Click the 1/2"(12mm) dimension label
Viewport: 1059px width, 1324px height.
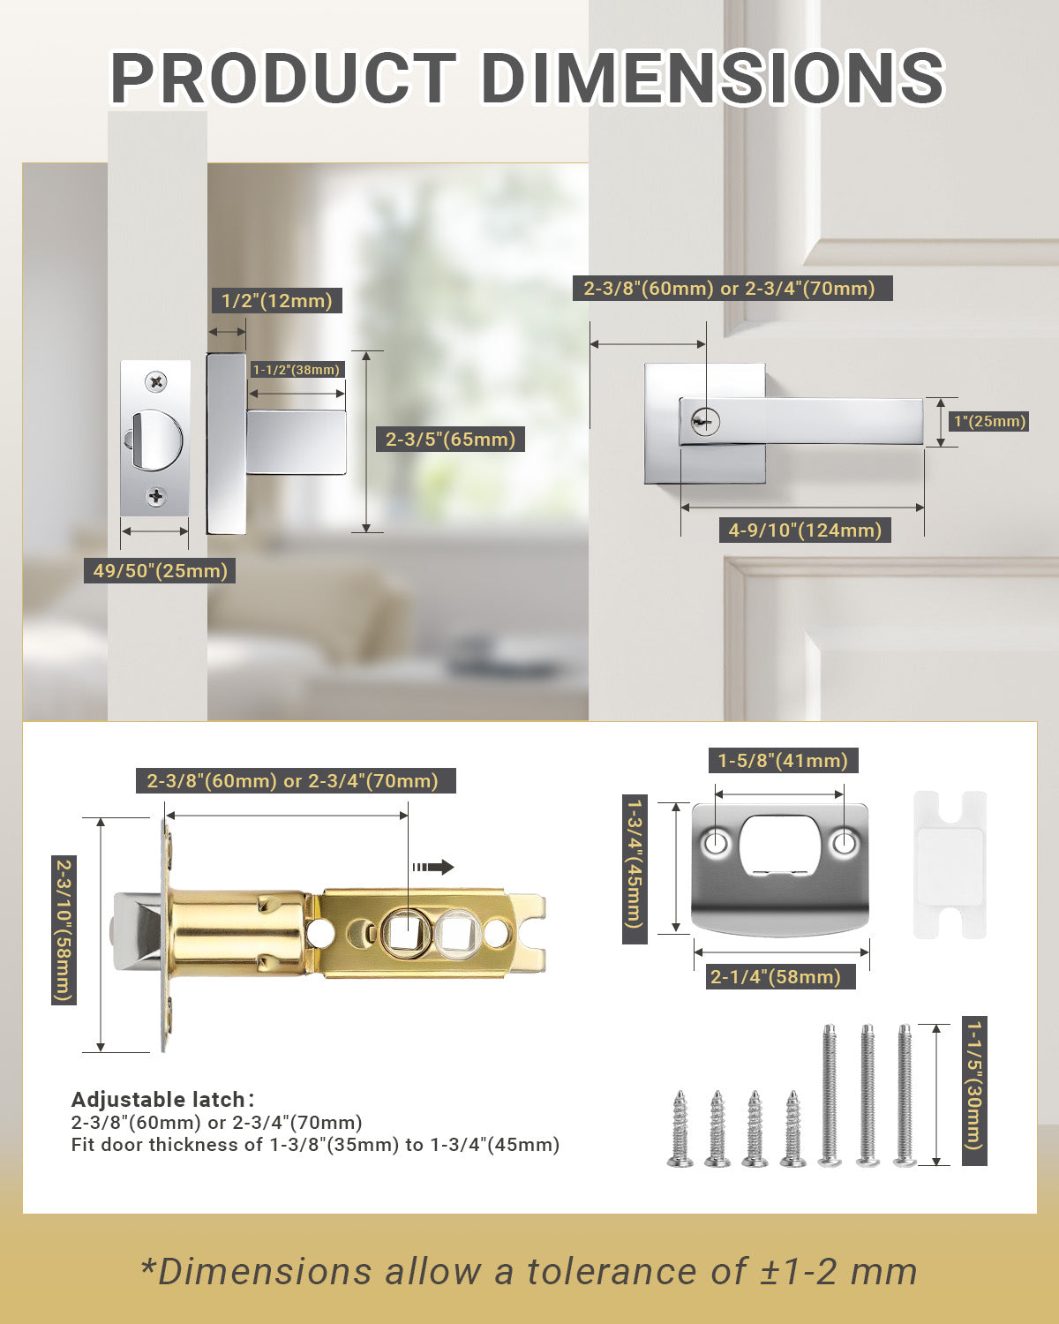[x=276, y=301]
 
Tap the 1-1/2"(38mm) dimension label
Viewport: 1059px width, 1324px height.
[x=297, y=370]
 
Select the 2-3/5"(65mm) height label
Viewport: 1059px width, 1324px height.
[x=450, y=439]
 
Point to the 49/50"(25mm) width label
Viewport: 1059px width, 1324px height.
[x=161, y=570]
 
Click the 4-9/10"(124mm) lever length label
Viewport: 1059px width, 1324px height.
[x=805, y=530]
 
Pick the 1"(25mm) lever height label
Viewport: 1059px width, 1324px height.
[x=989, y=421]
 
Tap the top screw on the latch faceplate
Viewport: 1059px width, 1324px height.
[x=156, y=382]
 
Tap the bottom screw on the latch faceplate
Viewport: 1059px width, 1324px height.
[x=156, y=496]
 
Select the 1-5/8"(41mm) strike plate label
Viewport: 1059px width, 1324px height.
[x=782, y=760]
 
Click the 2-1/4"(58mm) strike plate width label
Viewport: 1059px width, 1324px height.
[x=775, y=976]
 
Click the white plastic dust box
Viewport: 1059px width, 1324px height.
[x=949, y=864]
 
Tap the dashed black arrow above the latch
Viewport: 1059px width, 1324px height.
[x=432, y=867]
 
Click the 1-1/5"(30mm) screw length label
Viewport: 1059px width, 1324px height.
[x=974, y=1091]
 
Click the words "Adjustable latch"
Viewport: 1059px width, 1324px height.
[x=158, y=1100]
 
